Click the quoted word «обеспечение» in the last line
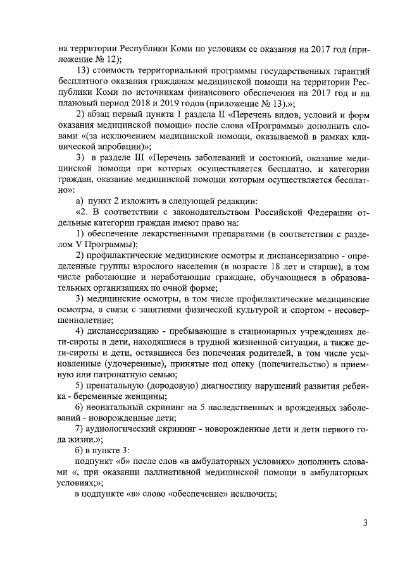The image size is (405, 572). coord(196,494)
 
